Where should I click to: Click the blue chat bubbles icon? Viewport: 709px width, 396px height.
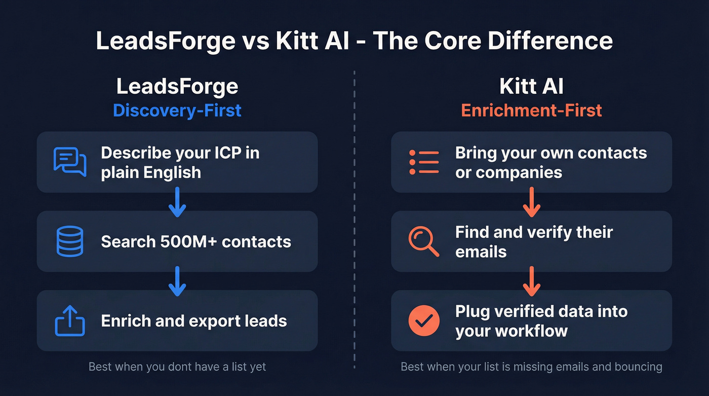coord(70,162)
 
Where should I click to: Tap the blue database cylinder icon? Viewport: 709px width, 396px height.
coord(70,241)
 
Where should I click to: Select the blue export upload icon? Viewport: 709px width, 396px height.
coord(70,320)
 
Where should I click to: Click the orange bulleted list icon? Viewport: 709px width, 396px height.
coord(424,162)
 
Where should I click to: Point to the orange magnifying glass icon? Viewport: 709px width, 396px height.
coord(424,241)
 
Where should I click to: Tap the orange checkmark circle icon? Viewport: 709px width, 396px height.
coord(424,320)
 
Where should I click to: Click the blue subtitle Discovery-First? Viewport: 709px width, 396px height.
coord(177,110)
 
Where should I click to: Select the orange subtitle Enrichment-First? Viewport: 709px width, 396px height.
coord(531,110)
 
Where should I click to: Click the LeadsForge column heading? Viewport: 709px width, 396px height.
coord(177,87)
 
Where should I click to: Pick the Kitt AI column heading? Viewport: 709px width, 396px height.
coord(531,87)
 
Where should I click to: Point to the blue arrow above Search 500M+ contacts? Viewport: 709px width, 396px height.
coord(177,202)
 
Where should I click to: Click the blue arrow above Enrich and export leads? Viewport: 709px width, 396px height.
coord(177,281)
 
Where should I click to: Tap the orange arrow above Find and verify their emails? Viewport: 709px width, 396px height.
coord(531,202)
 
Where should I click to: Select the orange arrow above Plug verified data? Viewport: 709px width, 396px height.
coord(531,281)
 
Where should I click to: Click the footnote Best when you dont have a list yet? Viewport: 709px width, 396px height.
coord(177,367)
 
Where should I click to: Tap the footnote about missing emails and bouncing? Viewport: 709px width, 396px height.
coord(531,367)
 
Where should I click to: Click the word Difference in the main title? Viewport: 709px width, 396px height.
coord(548,41)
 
